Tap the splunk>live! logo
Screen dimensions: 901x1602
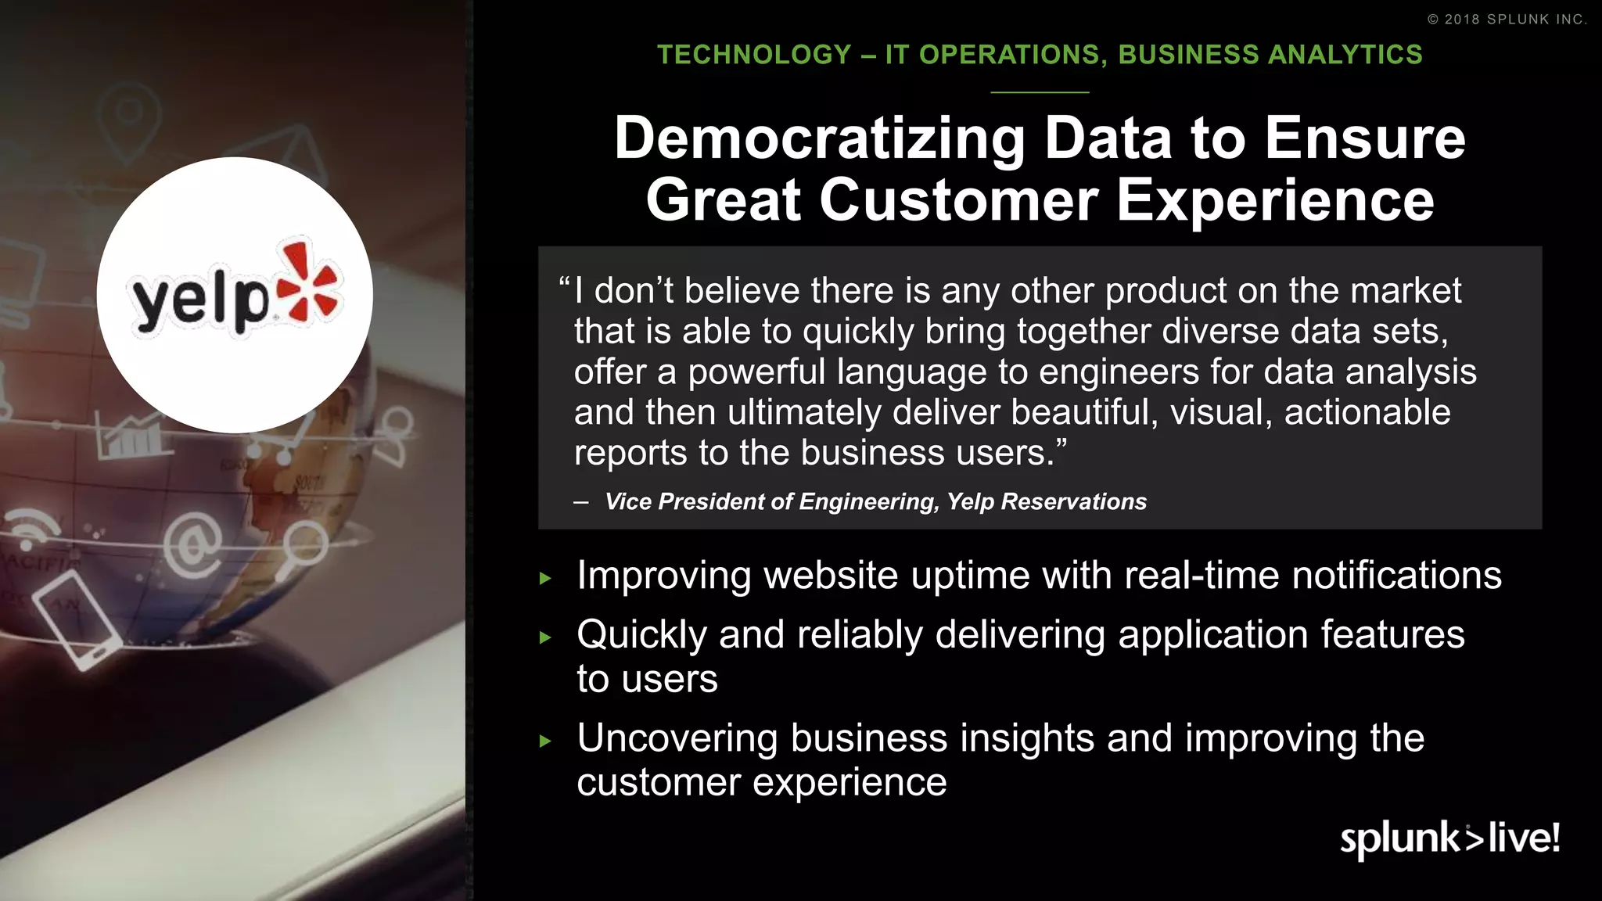(1449, 838)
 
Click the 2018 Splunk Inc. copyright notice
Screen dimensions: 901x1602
(1507, 20)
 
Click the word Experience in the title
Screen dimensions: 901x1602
(1275, 201)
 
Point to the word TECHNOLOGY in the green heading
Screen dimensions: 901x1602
(754, 55)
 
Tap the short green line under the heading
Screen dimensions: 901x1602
(1040, 92)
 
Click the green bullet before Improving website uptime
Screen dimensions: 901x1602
(546, 579)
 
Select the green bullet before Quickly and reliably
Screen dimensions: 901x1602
(546, 637)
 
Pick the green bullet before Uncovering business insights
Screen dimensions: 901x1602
(546, 741)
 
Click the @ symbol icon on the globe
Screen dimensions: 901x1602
(192, 545)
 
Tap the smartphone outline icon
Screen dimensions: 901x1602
(76, 619)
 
